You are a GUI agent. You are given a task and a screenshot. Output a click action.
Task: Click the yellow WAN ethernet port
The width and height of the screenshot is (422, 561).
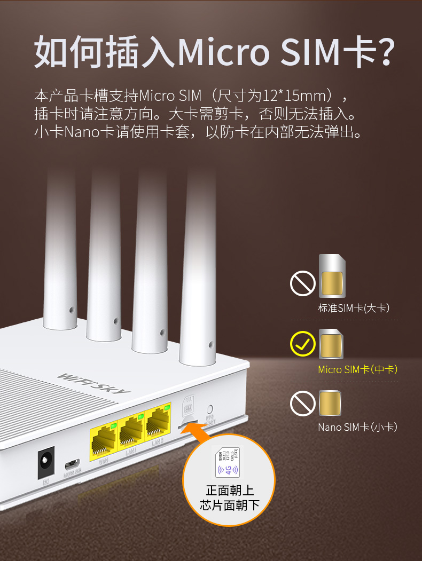pos(104,441)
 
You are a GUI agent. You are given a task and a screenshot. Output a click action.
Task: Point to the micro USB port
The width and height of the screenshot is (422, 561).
pos(72,463)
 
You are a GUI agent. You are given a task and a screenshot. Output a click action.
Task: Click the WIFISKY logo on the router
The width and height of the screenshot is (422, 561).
pos(93,382)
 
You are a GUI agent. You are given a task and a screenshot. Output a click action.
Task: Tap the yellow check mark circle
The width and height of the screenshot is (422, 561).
pos(303,344)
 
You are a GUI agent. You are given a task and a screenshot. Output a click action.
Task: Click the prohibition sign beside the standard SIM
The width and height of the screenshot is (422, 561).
pos(303,283)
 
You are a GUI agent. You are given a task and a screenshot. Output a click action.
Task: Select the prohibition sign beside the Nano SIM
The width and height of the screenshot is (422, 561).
pos(303,404)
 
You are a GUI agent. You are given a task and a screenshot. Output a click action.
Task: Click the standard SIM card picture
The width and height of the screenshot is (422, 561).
pos(331,276)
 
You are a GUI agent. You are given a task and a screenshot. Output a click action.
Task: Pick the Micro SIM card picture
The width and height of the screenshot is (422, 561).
pos(331,344)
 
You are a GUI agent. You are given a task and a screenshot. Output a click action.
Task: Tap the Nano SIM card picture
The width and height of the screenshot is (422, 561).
pos(330,404)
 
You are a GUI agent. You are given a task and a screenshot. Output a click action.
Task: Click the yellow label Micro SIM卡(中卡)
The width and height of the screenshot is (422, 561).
pos(358,369)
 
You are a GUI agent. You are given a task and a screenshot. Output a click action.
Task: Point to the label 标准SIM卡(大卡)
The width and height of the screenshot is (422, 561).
pos(354,308)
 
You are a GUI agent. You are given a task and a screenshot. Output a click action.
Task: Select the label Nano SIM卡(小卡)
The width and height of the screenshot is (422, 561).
pos(358,427)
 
